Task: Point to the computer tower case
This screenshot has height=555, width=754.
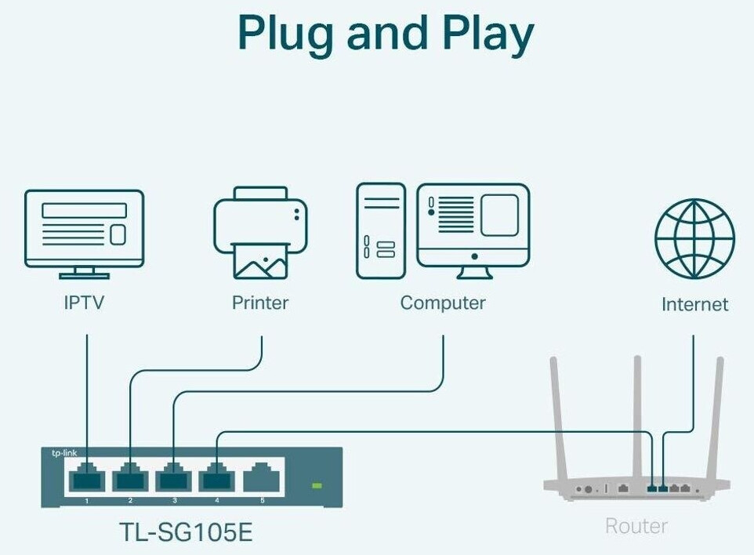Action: tap(381, 230)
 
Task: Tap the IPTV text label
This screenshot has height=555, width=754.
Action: tap(84, 303)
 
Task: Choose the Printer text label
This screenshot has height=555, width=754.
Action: tap(260, 303)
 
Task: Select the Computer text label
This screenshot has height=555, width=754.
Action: tap(443, 303)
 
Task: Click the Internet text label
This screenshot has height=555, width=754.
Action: tap(694, 304)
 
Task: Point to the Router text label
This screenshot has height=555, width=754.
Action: tap(636, 525)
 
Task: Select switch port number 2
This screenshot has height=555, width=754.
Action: tap(130, 478)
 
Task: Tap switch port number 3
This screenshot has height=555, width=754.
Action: tap(174, 478)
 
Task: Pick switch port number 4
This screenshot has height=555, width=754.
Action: tap(217, 478)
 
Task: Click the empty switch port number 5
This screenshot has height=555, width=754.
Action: tap(261, 478)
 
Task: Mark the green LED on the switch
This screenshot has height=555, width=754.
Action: tap(317, 486)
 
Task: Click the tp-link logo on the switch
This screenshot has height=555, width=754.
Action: tap(64, 454)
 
